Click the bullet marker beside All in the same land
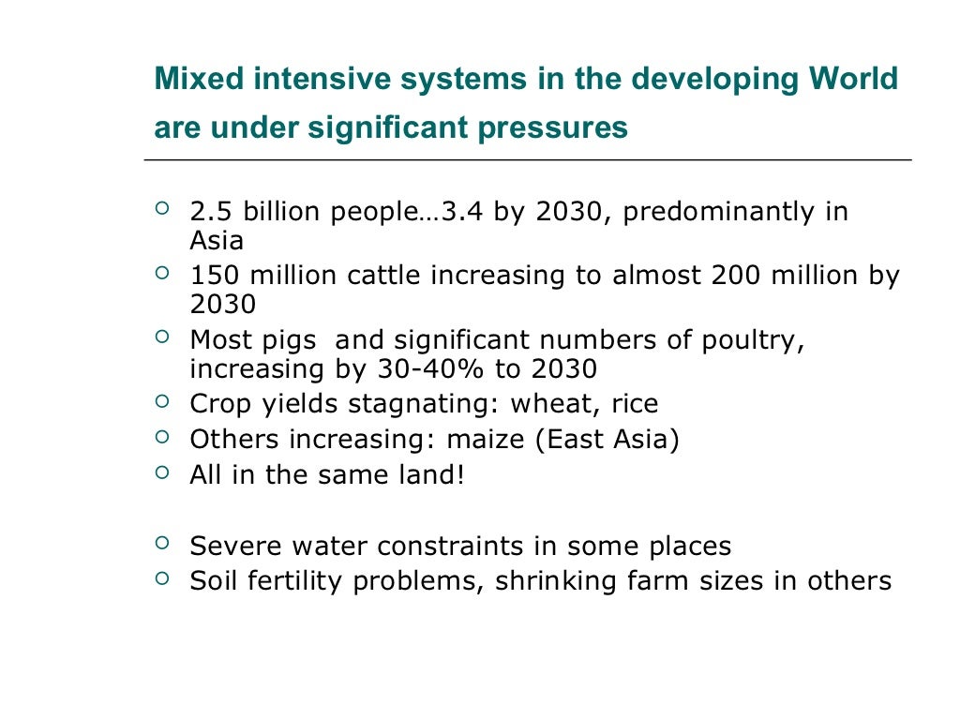click(163, 472)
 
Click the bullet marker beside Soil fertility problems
click(163, 578)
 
